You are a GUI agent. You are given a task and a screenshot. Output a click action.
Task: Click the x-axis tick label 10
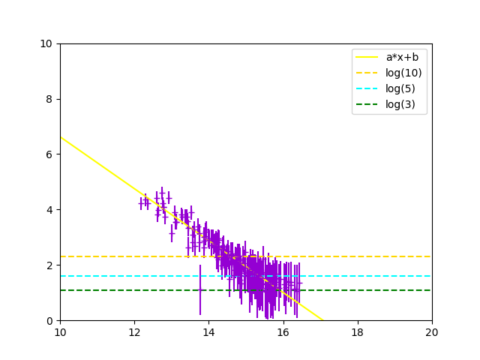click(x=60, y=331)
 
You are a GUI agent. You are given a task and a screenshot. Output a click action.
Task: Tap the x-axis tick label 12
click(x=134, y=331)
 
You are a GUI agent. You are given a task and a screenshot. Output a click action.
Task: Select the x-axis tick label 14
click(x=208, y=331)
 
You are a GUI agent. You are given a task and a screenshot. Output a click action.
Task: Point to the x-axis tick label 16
click(x=283, y=331)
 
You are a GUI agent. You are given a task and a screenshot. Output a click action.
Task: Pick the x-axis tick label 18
click(x=357, y=331)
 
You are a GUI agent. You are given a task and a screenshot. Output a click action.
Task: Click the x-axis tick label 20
click(x=431, y=331)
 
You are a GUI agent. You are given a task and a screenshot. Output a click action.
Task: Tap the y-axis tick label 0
click(x=49, y=320)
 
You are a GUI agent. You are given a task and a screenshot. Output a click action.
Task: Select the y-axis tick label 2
click(x=49, y=265)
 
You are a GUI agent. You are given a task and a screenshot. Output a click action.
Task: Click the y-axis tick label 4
click(x=49, y=209)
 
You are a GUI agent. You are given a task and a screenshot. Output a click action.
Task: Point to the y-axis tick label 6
click(x=49, y=154)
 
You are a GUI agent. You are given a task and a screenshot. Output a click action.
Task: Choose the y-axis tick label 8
click(x=49, y=99)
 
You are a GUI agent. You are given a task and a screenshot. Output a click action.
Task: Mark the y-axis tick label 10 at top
click(x=46, y=43)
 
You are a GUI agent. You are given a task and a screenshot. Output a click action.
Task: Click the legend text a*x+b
click(x=402, y=57)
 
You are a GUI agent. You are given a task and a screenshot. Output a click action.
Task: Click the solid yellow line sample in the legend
click(x=367, y=57)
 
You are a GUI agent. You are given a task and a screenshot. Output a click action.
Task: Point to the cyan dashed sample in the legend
click(x=367, y=88)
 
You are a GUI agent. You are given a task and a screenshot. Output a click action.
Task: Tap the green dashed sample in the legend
click(x=367, y=104)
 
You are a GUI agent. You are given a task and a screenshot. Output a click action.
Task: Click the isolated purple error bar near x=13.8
click(x=200, y=289)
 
